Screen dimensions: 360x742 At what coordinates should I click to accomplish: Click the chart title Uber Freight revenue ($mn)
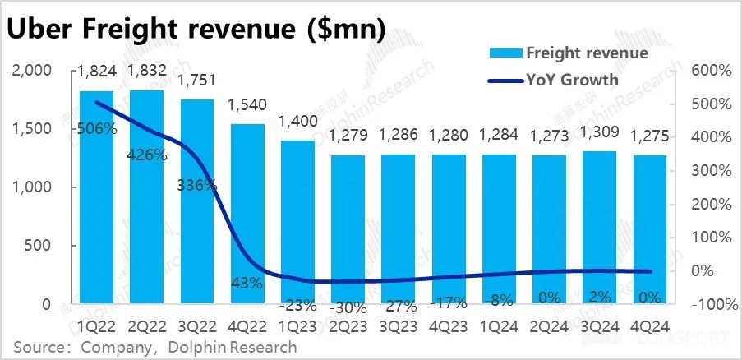pos(197,29)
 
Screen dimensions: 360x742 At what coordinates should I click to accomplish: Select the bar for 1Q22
pos(97,197)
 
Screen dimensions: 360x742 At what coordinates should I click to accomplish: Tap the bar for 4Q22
pos(247,214)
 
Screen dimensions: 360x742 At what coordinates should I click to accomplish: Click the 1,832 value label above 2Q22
pos(148,72)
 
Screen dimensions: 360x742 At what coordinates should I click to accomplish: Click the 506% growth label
pos(97,129)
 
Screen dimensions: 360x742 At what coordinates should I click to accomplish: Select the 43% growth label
pos(247,283)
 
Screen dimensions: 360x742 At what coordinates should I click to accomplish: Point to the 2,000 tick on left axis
pos(34,72)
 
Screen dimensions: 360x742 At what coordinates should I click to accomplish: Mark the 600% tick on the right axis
pos(711,72)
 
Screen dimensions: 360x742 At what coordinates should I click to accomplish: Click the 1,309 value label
pos(599,132)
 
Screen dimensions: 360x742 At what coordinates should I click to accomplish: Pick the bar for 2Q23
pos(348,229)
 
